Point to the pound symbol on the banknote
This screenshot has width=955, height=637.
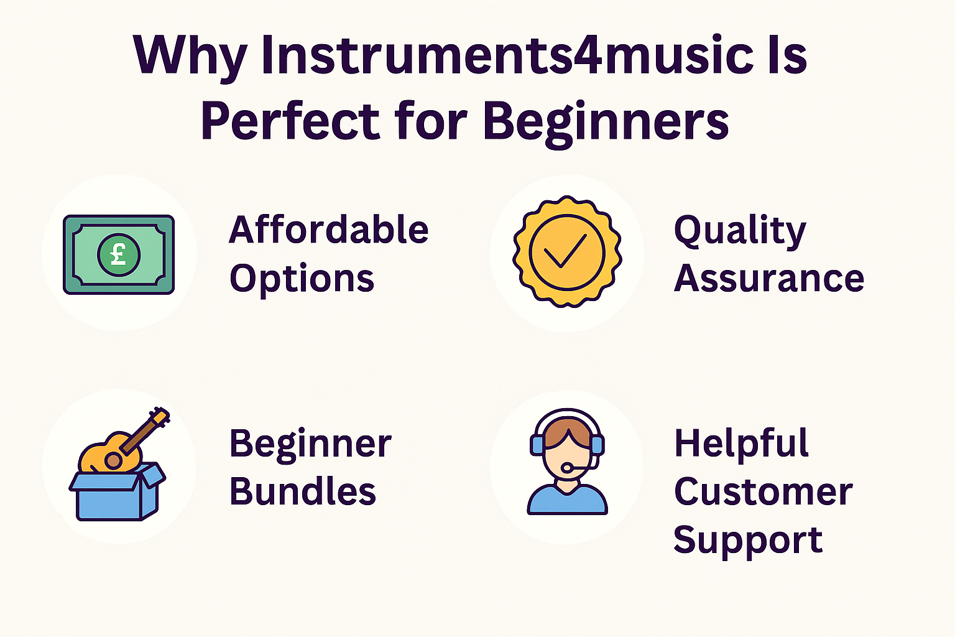pos(119,254)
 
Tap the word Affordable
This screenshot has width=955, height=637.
pos(329,230)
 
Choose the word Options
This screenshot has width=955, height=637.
pos(302,279)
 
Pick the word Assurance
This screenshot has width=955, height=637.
pos(769,278)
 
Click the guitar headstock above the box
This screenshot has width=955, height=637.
pos(160,417)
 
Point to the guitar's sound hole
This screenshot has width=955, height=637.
pos(113,460)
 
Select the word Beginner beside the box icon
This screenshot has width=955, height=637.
pos(310,444)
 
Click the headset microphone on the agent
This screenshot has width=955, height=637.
pos(567,468)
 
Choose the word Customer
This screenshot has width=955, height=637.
pos(763,492)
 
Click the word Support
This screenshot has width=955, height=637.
pos(748,541)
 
